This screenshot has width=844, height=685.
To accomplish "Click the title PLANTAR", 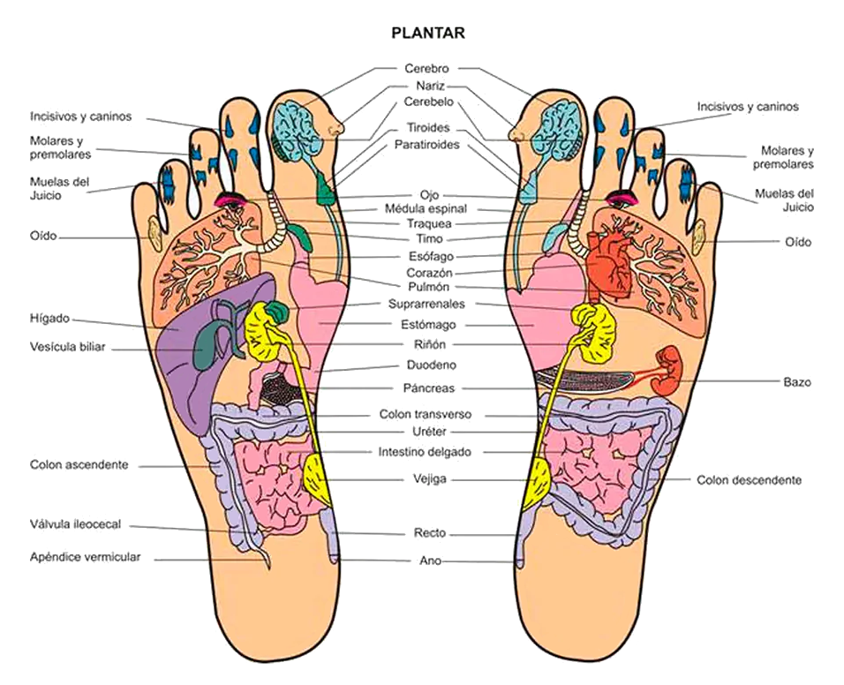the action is point(428,34).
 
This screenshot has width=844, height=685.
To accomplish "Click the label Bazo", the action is point(797,382).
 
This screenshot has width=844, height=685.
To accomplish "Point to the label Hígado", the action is point(49,319).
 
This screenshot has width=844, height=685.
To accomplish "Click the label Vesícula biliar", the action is point(68,347).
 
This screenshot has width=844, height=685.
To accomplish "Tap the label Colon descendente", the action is point(749,480).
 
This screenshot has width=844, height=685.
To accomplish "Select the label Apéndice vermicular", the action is point(85,557).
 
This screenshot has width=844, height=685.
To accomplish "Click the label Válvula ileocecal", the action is point(75,524).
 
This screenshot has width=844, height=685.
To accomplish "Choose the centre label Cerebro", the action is point(426,68).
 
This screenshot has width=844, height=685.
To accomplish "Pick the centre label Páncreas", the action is point(428,388).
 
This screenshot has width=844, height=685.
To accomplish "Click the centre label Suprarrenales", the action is point(426,304).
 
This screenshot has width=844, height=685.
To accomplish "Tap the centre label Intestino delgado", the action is point(425,452).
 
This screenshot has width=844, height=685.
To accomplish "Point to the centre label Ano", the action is point(430,561).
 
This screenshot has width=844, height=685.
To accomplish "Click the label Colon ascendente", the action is point(79,464).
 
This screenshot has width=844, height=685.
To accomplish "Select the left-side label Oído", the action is point(43,237).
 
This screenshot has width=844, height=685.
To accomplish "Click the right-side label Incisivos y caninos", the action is point(748,107).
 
